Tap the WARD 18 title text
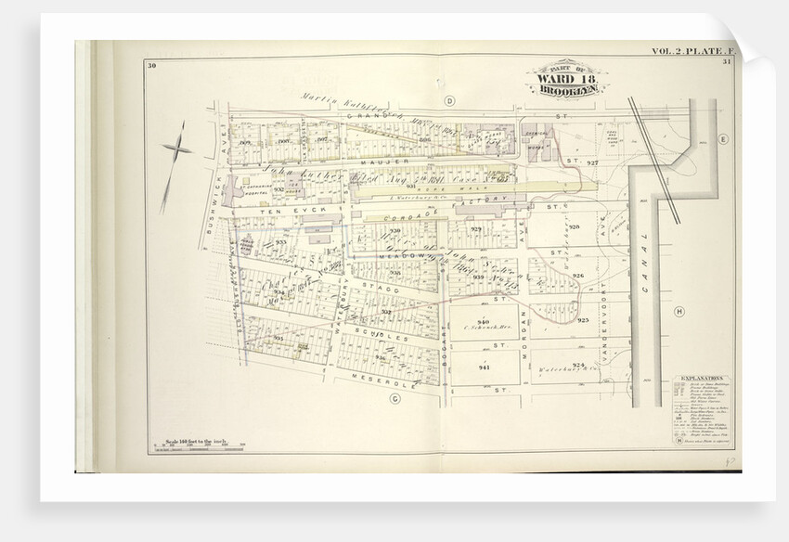coord(563,85)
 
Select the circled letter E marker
coord(721,138)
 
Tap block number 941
coord(484,368)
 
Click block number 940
coord(484,322)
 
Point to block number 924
coord(578,366)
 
